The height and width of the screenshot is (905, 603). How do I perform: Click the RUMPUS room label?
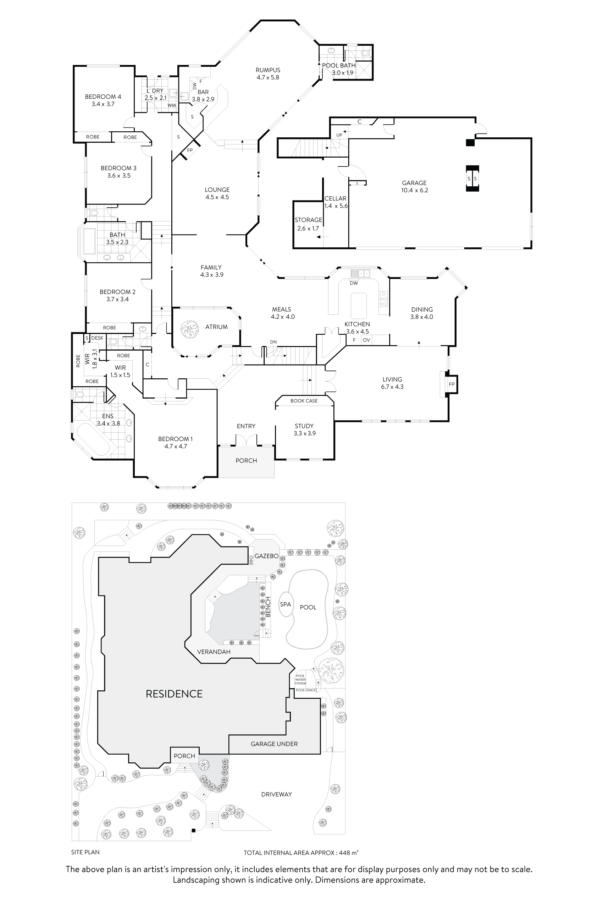click(268, 70)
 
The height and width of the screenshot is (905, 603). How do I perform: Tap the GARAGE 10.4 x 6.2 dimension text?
click(414, 190)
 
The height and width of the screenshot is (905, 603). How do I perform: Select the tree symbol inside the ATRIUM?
click(189, 329)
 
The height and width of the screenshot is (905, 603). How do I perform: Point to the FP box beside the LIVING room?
click(452, 384)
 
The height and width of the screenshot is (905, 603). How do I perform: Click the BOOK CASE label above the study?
click(304, 401)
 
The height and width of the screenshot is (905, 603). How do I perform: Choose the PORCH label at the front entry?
click(246, 461)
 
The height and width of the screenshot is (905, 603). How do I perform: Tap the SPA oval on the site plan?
click(285, 604)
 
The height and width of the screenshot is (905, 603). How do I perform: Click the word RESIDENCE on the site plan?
click(174, 694)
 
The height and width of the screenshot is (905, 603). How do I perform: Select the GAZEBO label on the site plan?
click(266, 556)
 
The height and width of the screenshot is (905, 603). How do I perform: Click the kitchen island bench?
click(359, 305)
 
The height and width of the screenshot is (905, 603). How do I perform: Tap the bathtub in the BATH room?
click(89, 241)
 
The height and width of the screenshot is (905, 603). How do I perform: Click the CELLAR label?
click(335, 198)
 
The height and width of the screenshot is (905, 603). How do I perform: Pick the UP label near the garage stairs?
click(339, 135)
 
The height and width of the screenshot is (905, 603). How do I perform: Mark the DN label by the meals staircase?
click(273, 342)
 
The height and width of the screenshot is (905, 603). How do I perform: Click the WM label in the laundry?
click(172, 105)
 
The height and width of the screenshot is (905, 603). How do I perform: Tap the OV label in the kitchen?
click(366, 340)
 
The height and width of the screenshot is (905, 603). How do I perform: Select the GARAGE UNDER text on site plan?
click(274, 744)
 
